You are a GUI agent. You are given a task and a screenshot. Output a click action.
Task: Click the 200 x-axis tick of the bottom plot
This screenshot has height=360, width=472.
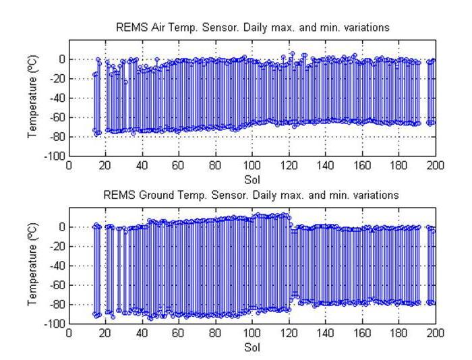[436, 334]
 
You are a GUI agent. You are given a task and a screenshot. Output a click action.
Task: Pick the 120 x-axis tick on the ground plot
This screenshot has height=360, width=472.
[289, 334]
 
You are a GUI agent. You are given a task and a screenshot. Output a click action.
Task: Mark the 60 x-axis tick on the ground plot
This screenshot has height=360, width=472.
[179, 334]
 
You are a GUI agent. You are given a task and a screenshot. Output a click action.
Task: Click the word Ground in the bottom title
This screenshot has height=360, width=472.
[187, 195]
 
